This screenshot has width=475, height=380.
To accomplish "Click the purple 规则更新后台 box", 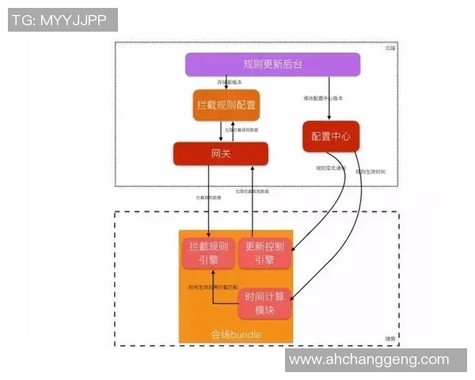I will pyautogui.click(x=272, y=64).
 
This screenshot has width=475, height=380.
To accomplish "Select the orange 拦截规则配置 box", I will pyautogui.click(x=226, y=104).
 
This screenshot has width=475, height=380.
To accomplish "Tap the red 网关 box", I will pyautogui.click(x=221, y=153).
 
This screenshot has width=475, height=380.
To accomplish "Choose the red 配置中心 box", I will pyautogui.click(x=331, y=136).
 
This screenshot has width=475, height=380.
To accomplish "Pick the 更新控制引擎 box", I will pyautogui.click(x=264, y=253).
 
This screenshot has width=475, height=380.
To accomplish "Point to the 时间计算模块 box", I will pyautogui.click(x=264, y=304).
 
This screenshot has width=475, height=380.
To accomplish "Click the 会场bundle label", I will pyautogui.click(x=235, y=335).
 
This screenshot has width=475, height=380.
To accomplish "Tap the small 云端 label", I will pyautogui.click(x=389, y=49).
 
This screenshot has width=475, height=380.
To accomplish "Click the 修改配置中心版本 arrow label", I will pyautogui.click(x=324, y=98).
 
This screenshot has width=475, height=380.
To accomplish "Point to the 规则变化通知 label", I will pyautogui.click(x=329, y=167).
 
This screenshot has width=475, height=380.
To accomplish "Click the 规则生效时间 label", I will pyautogui.click(x=370, y=171).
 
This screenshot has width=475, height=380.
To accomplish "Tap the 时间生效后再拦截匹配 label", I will pyautogui.click(x=213, y=287).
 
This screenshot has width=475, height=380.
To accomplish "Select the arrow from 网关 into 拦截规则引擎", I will pyautogui.click(x=208, y=206).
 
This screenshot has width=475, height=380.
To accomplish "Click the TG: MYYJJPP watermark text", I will pyautogui.click(x=62, y=20).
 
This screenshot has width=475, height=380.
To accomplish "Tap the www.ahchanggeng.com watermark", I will pyautogui.click(x=369, y=359).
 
